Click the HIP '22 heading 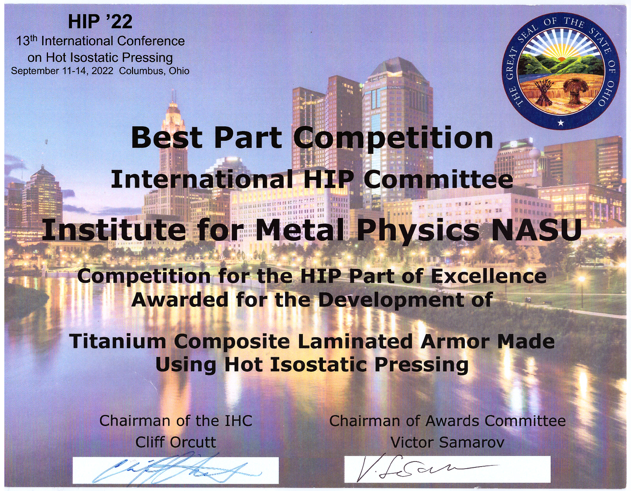[x=100, y=22]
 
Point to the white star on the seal [x=561, y=123]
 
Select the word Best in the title [x=166, y=138]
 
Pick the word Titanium [x=117, y=341]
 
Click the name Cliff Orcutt [x=176, y=442]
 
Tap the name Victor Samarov [x=447, y=442]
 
